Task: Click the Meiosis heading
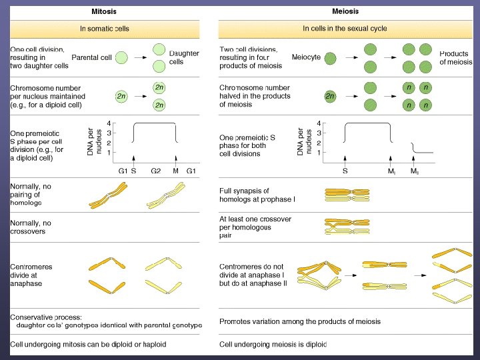click(x=345, y=11)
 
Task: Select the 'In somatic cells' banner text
click(x=105, y=29)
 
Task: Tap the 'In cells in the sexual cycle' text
click(x=344, y=29)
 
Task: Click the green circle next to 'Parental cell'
click(x=121, y=58)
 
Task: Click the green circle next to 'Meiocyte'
click(x=331, y=57)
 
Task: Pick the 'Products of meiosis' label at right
click(x=455, y=57)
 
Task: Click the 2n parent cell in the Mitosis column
click(x=121, y=96)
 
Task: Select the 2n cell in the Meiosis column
click(x=331, y=96)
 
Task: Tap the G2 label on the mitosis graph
click(x=155, y=171)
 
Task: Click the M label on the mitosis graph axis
click(x=176, y=171)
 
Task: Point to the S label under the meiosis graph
click(x=345, y=171)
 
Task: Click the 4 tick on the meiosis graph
click(x=319, y=123)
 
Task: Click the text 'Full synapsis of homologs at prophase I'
click(x=257, y=195)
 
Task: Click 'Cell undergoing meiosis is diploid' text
click(x=273, y=345)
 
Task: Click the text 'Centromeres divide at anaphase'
click(x=31, y=275)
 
